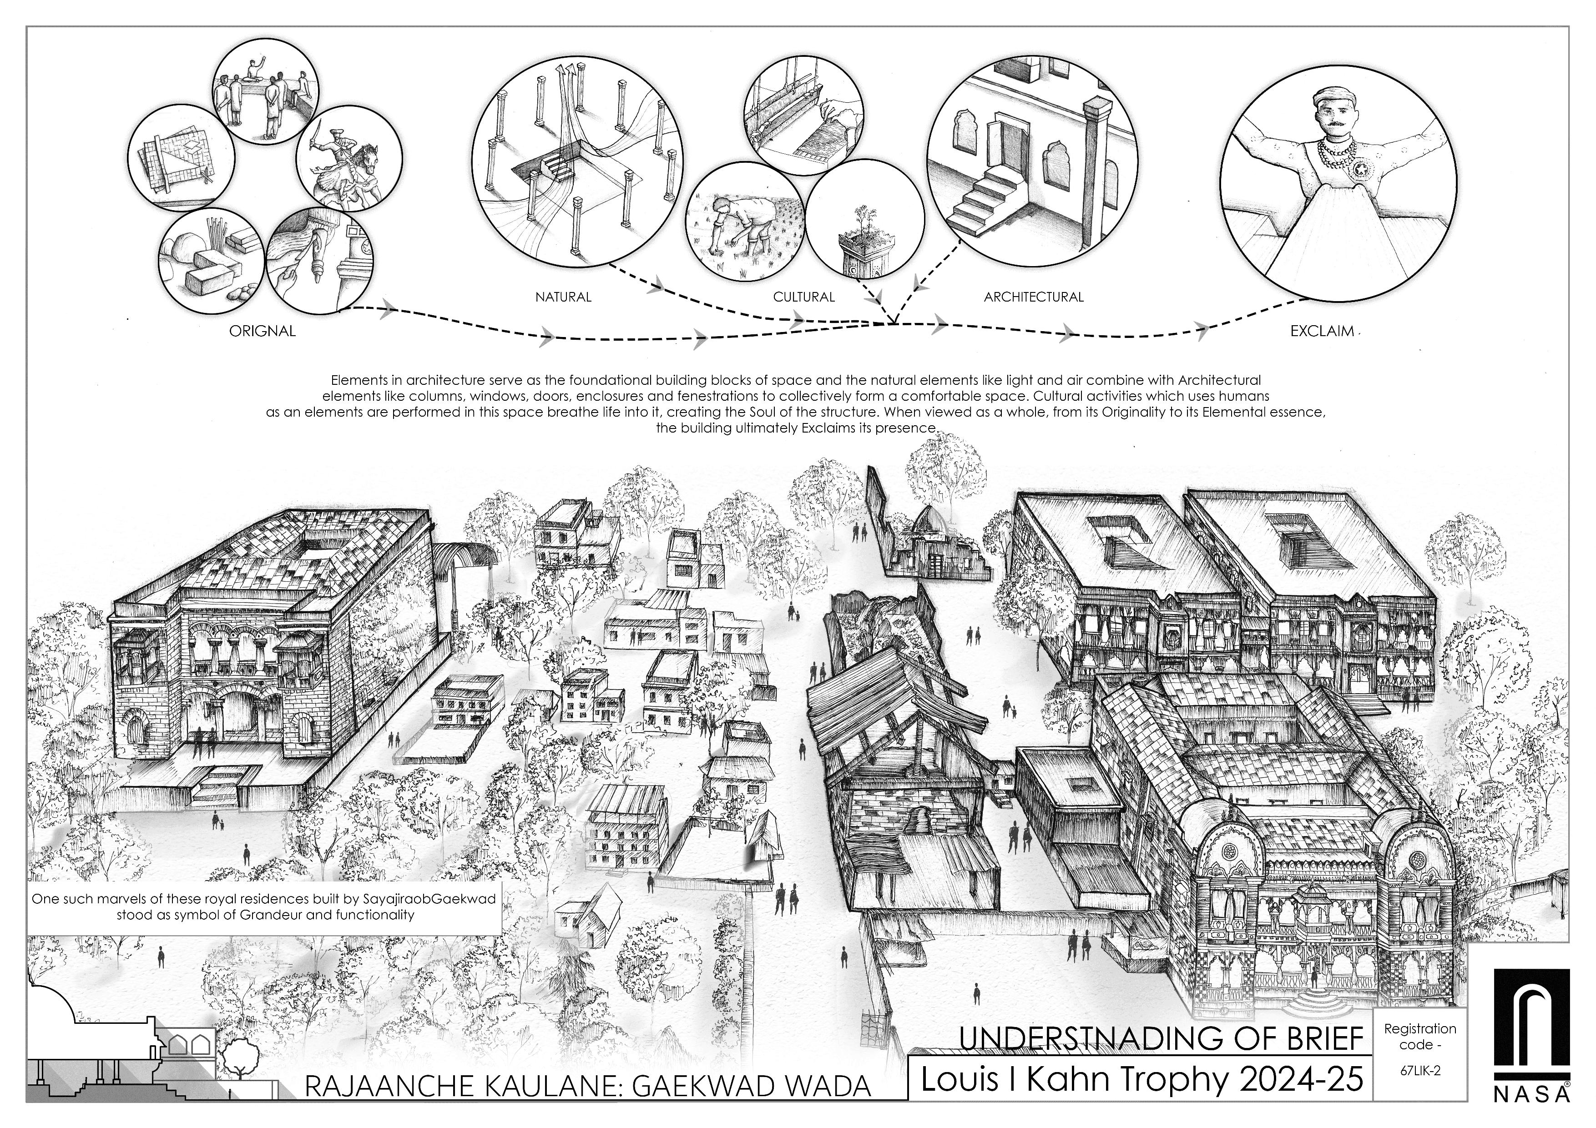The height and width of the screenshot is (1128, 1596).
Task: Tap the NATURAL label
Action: pos(563,297)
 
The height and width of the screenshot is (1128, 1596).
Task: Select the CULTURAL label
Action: pos(803,297)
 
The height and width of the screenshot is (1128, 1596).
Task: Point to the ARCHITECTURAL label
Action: pos(1034,297)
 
